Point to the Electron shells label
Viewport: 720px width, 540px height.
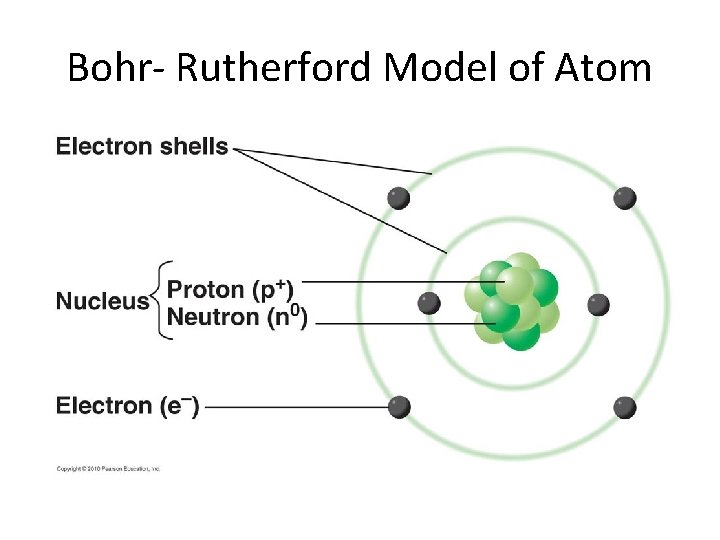click(142, 147)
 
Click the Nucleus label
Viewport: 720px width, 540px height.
click(102, 301)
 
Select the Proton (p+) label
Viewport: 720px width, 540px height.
click(230, 290)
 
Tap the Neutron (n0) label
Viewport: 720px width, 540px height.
click(238, 318)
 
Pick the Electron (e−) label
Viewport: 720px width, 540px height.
click(127, 406)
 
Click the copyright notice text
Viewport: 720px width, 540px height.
click(108, 468)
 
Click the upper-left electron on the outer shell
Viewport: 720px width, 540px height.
click(399, 198)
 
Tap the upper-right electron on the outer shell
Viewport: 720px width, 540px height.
click(625, 198)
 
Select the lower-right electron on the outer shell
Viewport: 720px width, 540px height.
click(625, 407)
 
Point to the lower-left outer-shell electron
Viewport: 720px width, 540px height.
click(399, 407)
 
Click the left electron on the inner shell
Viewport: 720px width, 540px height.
click(429, 303)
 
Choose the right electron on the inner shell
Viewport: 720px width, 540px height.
click(598, 304)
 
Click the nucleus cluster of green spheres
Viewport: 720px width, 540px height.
click(516, 302)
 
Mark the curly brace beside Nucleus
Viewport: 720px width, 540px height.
click(160, 301)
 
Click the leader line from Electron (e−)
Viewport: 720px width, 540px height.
click(295, 407)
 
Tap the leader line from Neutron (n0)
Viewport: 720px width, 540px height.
click(400, 323)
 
